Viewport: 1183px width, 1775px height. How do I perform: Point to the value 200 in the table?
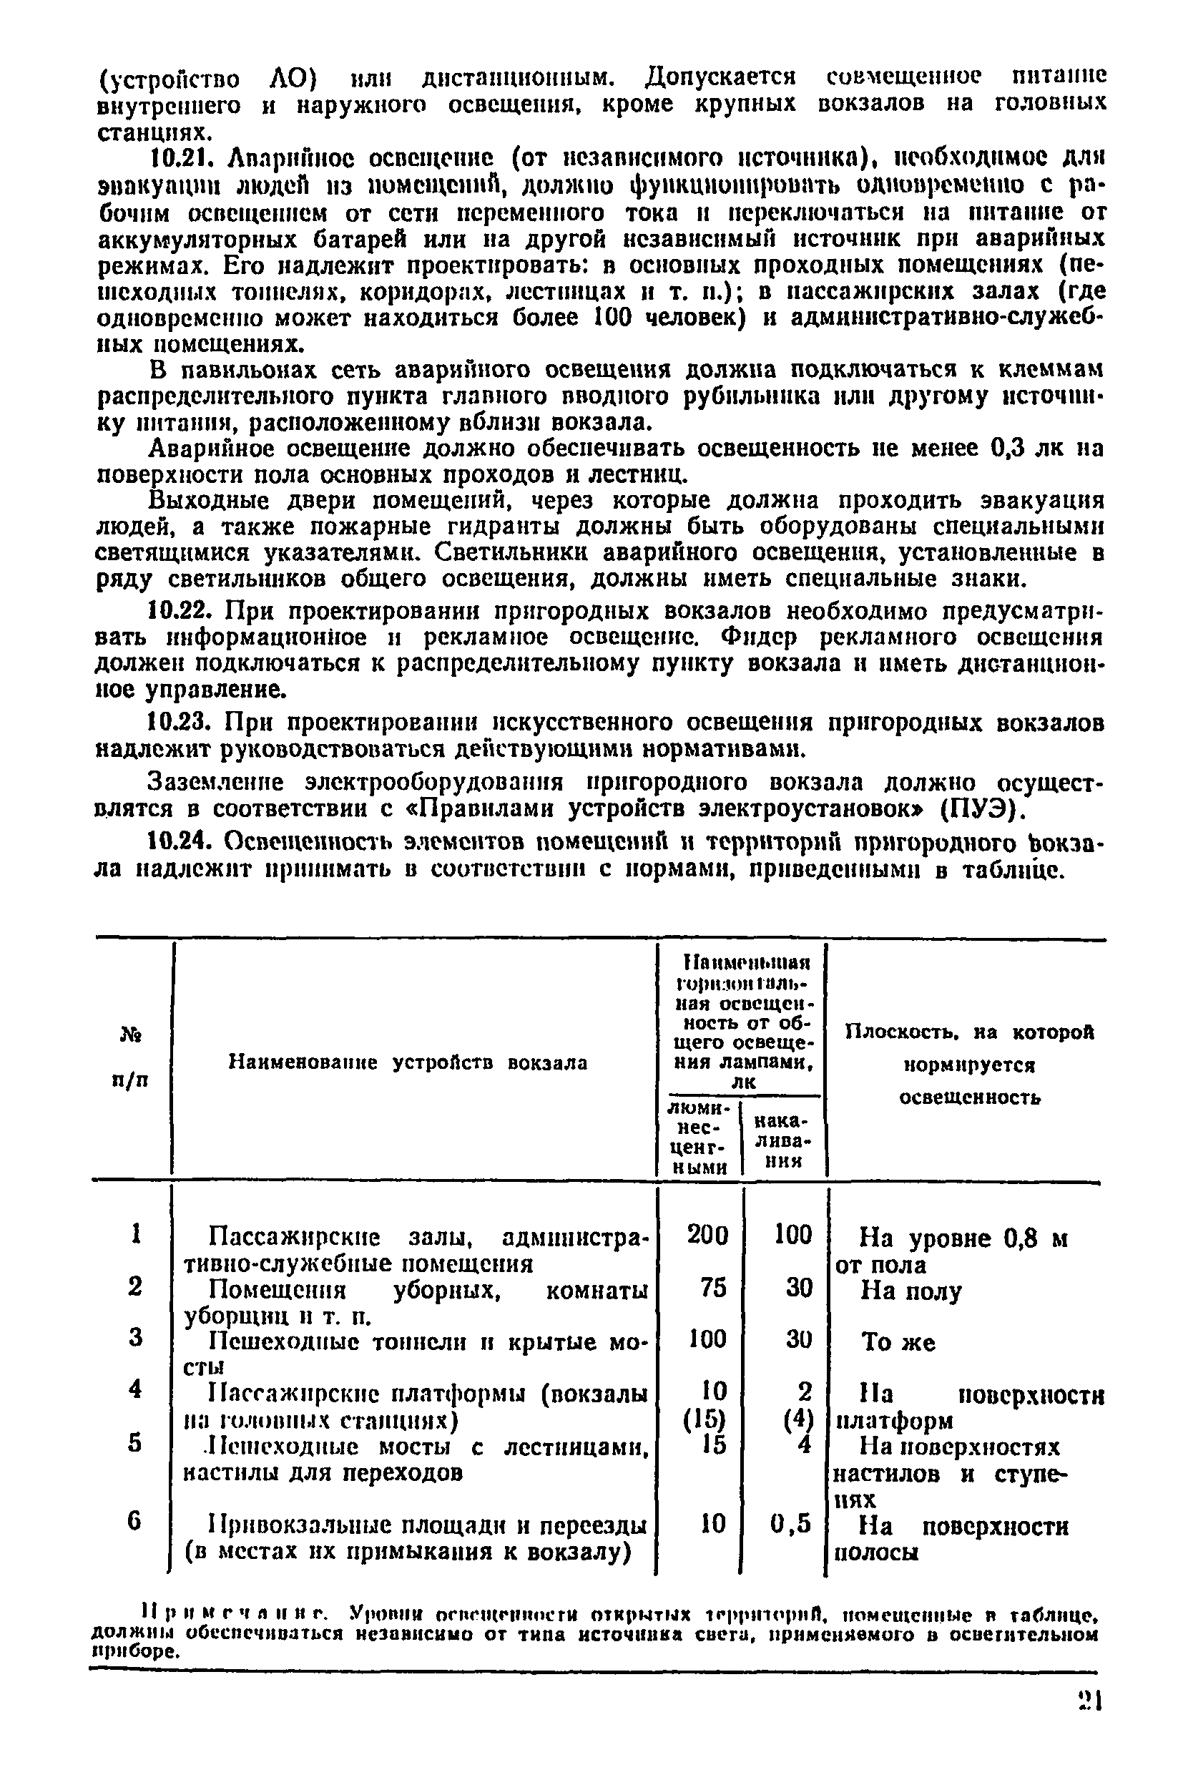707,1236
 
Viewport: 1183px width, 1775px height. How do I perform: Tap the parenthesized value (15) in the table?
705,1419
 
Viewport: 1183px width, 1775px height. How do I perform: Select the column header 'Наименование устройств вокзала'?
408,1062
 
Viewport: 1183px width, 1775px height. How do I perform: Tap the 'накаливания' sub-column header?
781,1140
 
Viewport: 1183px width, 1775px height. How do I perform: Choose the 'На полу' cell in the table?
910,1291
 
